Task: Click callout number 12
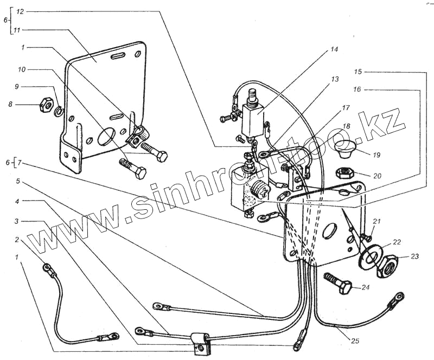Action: pos(21,11)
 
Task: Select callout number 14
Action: pos(333,49)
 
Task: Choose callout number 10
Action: pos(21,70)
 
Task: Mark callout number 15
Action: pos(359,72)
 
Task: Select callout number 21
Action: pos(376,220)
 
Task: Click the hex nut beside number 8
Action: pos(46,104)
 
